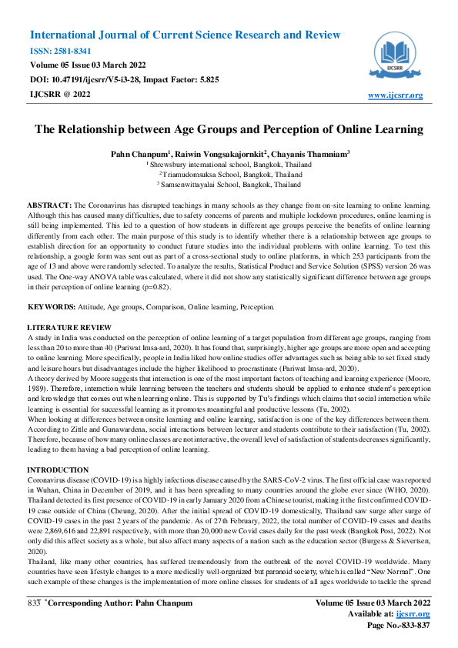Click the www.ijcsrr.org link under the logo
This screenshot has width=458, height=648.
coord(396,95)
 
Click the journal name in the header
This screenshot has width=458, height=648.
coord(185,35)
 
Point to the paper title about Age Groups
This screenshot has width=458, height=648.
coord(229,129)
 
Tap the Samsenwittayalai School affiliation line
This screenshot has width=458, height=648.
coord(229,185)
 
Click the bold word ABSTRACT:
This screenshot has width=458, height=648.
coord(49,207)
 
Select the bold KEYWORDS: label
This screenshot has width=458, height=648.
coord(52,306)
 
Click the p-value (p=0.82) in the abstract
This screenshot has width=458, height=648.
coord(178,287)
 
